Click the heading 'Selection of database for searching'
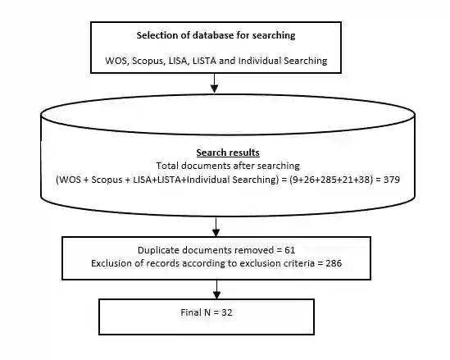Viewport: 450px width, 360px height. click(x=216, y=35)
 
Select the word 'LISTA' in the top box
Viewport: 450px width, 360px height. click(x=204, y=61)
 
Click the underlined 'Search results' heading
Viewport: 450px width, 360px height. click(x=228, y=153)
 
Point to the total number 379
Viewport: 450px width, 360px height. click(x=392, y=180)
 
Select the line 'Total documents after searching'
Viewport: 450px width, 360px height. click(x=228, y=166)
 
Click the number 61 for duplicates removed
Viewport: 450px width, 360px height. click(x=290, y=250)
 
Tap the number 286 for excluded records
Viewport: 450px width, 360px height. click(x=334, y=263)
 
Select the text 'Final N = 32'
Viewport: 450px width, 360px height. click(x=207, y=312)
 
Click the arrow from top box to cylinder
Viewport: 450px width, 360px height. click(x=214, y=83)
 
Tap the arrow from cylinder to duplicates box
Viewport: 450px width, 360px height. click(x=216, y=226)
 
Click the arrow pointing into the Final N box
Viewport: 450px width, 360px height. click(x=216, y=289)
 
